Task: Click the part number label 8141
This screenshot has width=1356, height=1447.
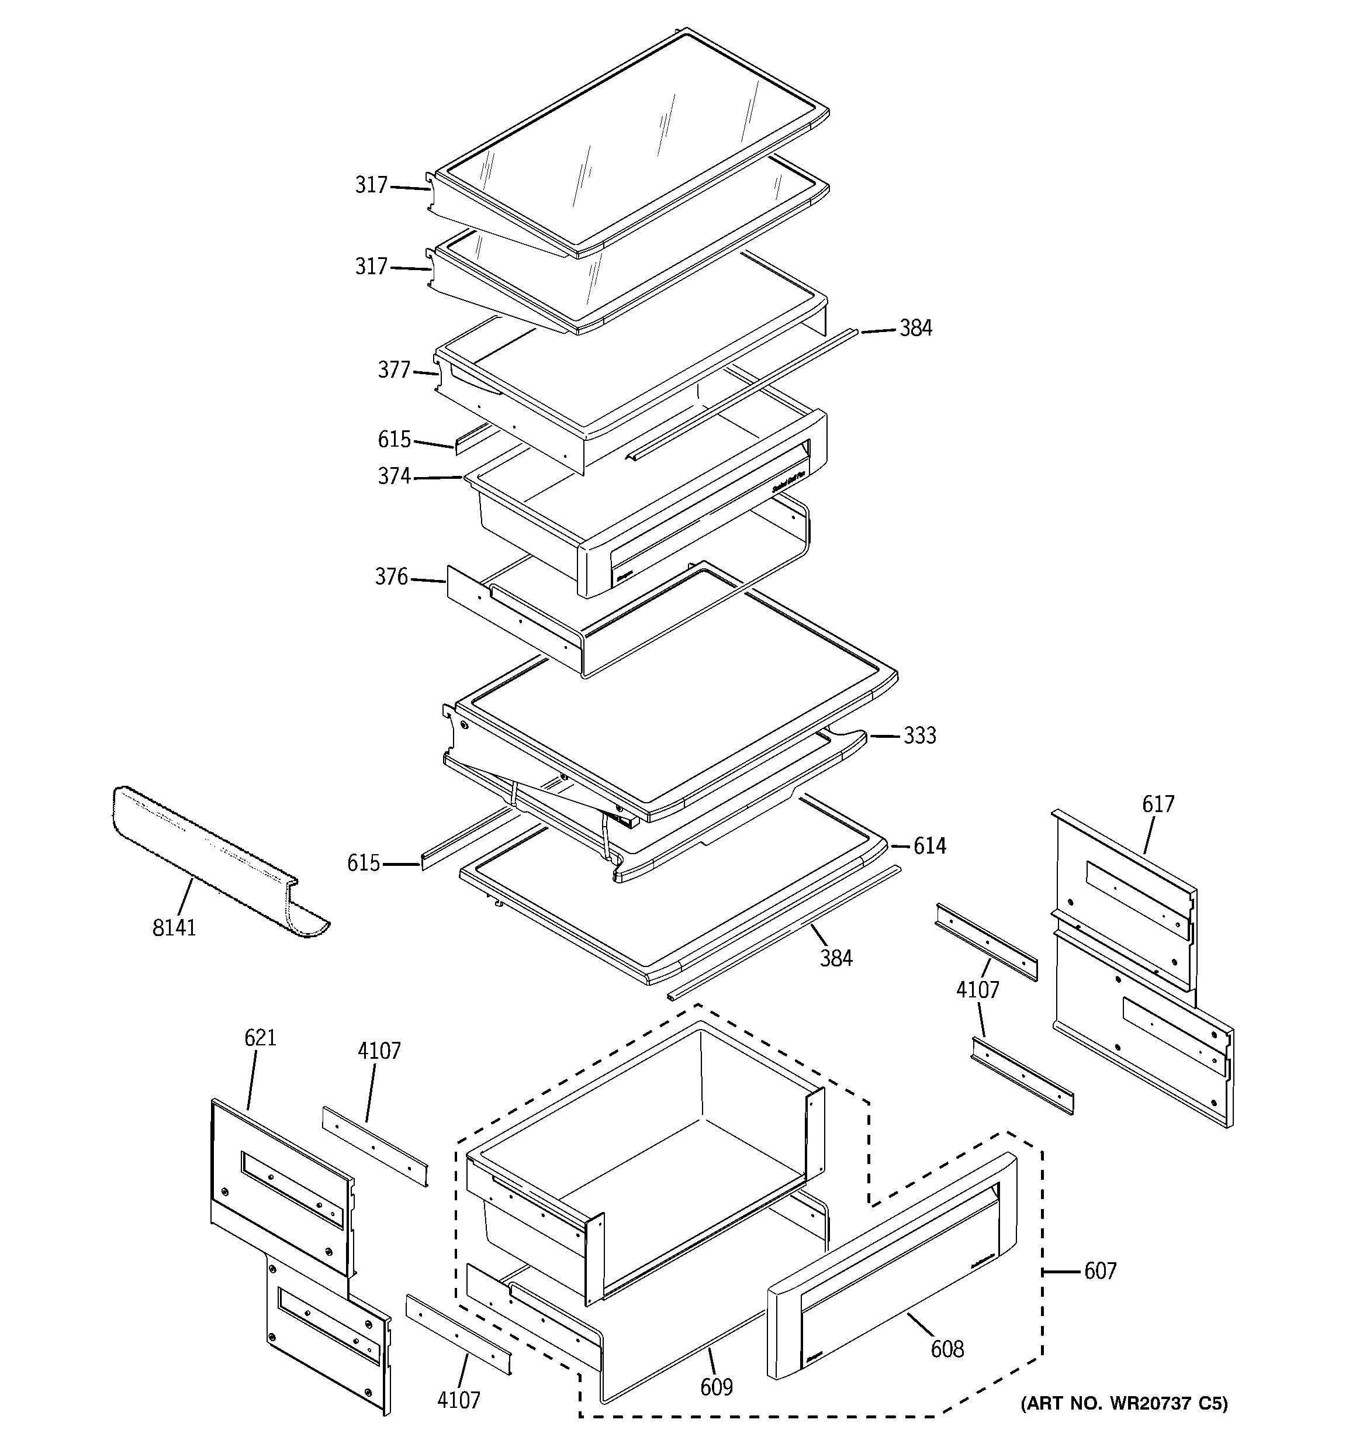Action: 174,928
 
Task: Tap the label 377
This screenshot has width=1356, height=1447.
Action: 394,371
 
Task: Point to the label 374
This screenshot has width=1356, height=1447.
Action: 394,476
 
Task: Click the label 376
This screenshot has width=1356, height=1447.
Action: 392,577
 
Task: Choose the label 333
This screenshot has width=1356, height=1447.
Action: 919,736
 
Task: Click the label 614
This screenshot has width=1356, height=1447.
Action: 929,846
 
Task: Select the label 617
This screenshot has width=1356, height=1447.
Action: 1157,804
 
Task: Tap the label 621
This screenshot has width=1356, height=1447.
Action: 260,1037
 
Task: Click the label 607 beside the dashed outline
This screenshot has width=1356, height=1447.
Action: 1100,1271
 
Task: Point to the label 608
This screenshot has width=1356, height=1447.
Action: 947,1349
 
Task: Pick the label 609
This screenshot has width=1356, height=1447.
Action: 716,1388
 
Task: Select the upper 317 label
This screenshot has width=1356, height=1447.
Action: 371,185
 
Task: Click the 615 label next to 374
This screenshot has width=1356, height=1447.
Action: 394,440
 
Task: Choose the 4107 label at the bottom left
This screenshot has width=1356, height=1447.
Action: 459,1400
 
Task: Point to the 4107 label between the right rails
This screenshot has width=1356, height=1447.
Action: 977,990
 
